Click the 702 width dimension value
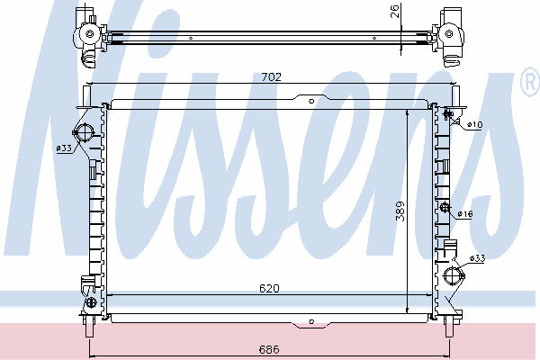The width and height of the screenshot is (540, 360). pyautogui.click(x=272, y=76)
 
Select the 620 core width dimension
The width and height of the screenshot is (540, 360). pyautogui.click(x=269, y=288)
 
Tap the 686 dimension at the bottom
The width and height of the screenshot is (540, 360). pyautogui.click(x=269, y=349)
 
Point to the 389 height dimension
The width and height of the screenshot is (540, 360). pyautogui.click(x=400, y=211)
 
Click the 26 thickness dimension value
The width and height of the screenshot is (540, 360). pyautogui.click(x=395, y=11)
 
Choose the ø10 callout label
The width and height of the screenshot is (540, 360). pyautogui.click(x=474, y=124)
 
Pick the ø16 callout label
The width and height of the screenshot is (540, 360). pyautogui.click(x=465, y=214)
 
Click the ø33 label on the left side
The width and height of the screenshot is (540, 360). pyautogui.click(x=64, y=148)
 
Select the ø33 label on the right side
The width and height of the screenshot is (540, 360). pyautogui.click(x=478, y=258)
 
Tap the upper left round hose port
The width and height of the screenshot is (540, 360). pyautogui.click(x=85, y=132)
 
